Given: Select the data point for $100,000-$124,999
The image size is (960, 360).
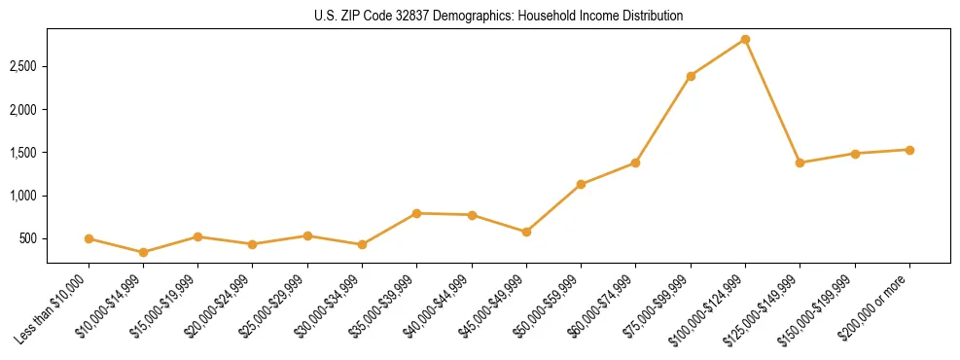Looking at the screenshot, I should [x=745, y=40].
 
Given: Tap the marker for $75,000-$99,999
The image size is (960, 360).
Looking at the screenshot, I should [x=691, y=76].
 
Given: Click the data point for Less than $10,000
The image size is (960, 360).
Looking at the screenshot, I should [x=89, y=238].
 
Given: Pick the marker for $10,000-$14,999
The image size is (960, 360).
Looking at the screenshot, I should [x=144, y=252].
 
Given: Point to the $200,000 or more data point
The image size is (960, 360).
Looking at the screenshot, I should [x=909, y=150].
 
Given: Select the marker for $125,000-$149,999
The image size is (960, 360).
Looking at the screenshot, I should [x=800, y=162].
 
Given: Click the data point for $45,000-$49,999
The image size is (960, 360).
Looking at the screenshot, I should [x=526, y=232].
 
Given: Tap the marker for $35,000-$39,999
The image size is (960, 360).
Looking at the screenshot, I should [x=416, y=213].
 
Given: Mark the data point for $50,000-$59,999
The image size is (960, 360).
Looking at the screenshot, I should [x=581, y=184].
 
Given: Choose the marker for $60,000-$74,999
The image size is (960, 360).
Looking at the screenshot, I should [x=635, y=162].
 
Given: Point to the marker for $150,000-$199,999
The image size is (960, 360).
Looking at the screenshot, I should [x=855, y=154].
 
